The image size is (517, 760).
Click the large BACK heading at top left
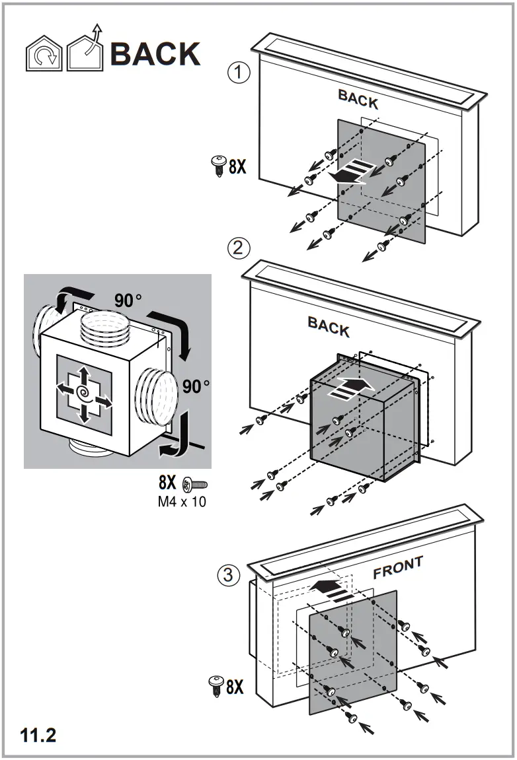(155, 53)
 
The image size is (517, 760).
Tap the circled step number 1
(239, 73)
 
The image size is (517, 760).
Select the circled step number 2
(239, 248)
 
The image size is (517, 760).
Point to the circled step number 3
(229, 575)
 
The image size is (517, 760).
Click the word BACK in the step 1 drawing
(358, 99)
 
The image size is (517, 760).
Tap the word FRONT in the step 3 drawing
(397, 568)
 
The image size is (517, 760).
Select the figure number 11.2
(38, 735)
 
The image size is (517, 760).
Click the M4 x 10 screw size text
(181, 502)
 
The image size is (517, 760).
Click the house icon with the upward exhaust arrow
(86, 50)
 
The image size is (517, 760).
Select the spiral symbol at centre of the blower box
(84, 394)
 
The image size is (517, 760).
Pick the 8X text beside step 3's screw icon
(235, 687)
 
